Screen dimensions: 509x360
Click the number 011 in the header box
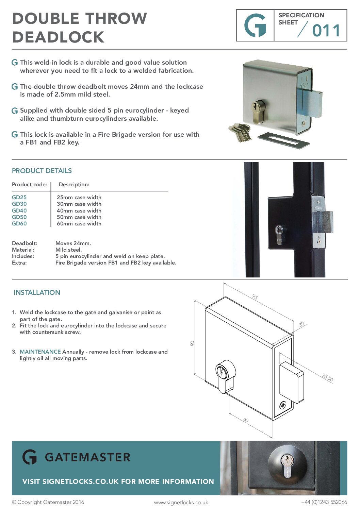pos(326,31)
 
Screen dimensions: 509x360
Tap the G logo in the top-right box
pos(255,26)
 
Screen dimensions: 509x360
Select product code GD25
pos(19,197)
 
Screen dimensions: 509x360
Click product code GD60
pos(19,223)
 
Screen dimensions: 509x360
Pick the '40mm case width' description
pos(79,210)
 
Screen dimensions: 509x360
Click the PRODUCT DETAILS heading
pos(42,171)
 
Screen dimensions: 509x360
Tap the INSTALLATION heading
pos(37,292)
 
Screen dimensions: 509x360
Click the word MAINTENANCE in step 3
pos(40,352)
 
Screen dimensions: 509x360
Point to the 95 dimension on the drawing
pos(255,297)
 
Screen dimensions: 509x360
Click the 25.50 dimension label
pos(327,377)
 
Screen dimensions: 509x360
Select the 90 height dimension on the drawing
pos(192,343)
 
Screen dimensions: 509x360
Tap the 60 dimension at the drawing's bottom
pos(246,420)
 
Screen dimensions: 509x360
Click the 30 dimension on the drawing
pos(301,324)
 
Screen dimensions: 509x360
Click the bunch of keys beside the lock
pos(241,132)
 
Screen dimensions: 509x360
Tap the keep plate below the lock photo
pos(283,140)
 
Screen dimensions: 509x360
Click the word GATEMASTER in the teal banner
pos(87,457)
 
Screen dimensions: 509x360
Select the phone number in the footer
pos(324,502)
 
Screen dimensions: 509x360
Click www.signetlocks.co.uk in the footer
pos(181,502)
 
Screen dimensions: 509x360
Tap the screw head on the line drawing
pos(282,405)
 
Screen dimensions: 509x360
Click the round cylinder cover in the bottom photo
pos(288,464)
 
